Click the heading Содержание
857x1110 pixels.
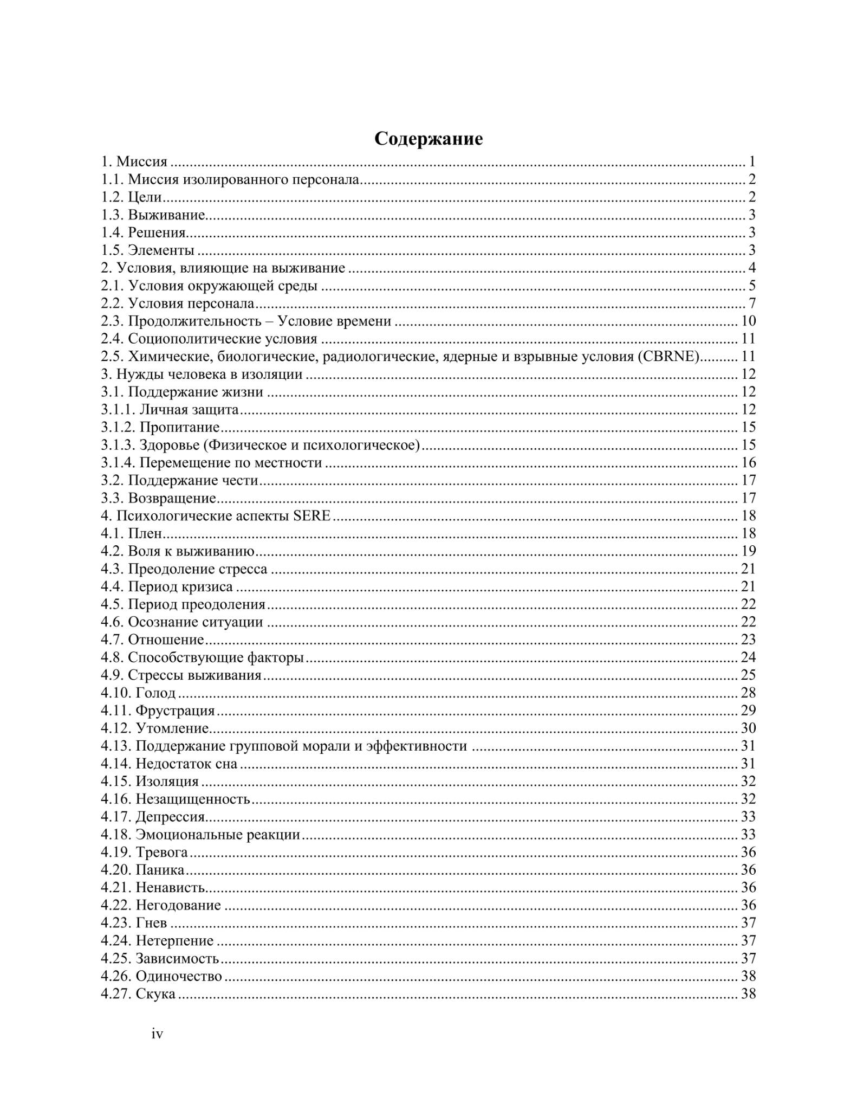(x=428, y=139)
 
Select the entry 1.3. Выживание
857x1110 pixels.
(x=153, y=215)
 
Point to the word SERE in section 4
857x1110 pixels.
(x=311, y=515)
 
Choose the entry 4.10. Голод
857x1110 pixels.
(x=138, y=693)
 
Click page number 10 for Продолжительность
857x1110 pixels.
(x=748, y=321)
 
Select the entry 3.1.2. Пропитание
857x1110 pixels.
(x=160, y=427)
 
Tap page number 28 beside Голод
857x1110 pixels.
(x=748, y=693)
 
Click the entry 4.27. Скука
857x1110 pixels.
(x=138, y=994)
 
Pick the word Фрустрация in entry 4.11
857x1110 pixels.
(x=175, y=711)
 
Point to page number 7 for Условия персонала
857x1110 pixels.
(x=752, y=304)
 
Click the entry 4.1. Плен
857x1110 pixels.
(x=132, y=533)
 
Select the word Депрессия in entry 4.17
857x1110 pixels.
(x=170, y=817)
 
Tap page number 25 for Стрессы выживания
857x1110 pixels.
(x=748, y=675)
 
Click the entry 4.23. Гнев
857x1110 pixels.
(x=134, y=923)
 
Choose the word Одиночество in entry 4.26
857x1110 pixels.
(x=179, y=976)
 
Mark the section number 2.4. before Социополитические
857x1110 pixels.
(x=113, y=339)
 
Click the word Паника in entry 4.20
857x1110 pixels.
(x=160, y=870)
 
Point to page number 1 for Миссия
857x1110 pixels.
(x=752, y=162)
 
